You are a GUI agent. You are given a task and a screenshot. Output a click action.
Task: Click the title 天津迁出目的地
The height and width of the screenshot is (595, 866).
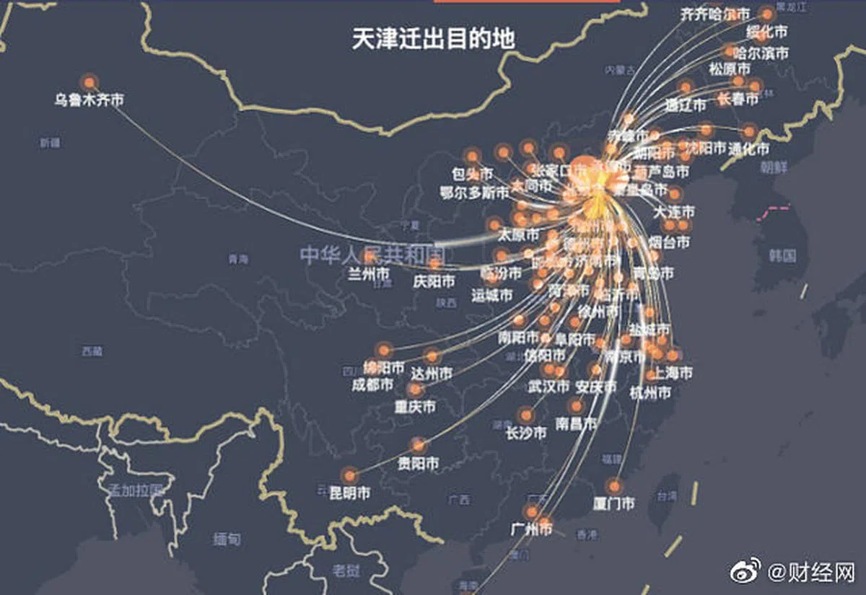[x=433, y=38]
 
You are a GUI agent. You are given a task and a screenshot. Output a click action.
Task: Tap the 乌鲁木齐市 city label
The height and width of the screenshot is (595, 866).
[x=89, y=100]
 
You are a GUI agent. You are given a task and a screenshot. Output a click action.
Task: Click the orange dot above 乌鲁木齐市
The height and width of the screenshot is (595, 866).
[x=89, y=81]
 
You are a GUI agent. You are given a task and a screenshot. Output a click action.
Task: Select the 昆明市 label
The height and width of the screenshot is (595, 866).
[x=349, y=493]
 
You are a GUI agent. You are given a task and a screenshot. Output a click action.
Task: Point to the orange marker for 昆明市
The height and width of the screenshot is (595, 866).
[x=350, y=475]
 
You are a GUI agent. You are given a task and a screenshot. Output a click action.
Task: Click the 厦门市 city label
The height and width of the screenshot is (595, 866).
[x=613, y=503]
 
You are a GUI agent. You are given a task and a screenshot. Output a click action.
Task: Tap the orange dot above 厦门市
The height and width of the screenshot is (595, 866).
[x=614, y=485]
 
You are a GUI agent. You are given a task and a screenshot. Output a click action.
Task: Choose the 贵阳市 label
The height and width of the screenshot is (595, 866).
[x=418, y=463]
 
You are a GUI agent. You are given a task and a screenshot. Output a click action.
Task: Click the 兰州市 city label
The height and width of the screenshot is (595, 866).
[x=369, y=274]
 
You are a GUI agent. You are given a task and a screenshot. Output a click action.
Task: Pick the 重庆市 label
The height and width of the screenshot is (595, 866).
[x=414, y=407]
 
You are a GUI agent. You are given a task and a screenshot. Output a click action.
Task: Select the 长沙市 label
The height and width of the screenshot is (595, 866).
[x=525, y=433]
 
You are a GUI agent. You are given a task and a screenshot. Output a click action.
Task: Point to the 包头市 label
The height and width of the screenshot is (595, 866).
[x=472, y=174]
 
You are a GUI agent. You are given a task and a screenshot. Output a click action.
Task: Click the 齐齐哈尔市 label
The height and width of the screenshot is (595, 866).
[x=715, y=14]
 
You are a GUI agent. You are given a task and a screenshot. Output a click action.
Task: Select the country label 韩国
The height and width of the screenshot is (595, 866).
[x=782, y=255]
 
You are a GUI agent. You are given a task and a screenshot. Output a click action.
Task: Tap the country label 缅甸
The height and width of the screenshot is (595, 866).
[x=227, y=539]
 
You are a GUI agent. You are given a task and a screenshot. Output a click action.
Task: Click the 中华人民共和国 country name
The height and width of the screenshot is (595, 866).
[x=372, y=255]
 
